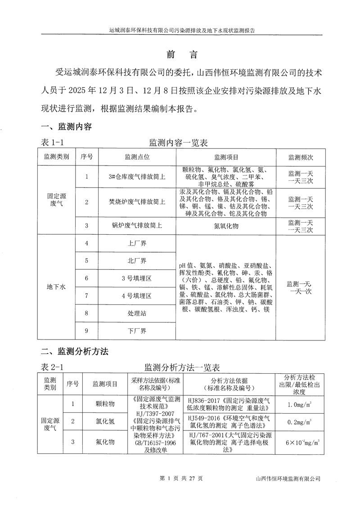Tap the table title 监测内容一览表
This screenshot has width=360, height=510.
pos(178,143)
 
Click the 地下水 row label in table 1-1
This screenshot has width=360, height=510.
pos(57,287)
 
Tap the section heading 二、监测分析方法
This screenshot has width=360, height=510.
pos(75,351)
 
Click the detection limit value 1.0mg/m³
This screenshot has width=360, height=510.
pos(300,405)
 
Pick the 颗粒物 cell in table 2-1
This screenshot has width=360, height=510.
pos(105,404)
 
